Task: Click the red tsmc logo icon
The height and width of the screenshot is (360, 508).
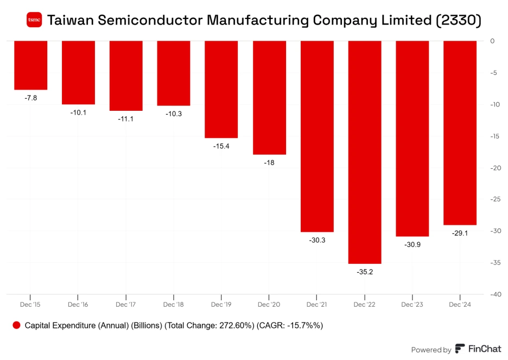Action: coord(34,21)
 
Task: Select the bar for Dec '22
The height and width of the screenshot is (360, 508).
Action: coord(365,152)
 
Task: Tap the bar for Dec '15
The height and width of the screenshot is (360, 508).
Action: coord(30,65)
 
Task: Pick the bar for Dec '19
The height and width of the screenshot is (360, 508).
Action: coord(221,90)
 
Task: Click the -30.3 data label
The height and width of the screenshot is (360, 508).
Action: coord(317,240)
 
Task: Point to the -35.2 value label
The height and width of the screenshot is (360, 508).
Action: coord(365,271)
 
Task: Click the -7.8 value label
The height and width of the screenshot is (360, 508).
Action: coord(31,98)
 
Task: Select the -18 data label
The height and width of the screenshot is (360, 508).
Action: coord(269,162)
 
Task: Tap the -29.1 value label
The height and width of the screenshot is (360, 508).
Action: coord(460,233)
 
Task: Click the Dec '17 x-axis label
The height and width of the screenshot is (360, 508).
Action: coord(125,305)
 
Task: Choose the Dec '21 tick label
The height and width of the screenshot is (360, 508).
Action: coord(317,305)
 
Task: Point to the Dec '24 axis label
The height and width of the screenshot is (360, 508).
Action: coord(460,305)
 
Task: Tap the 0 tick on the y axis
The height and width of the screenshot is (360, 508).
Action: coord(492,41)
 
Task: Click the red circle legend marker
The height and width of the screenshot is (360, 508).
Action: coord(16,325)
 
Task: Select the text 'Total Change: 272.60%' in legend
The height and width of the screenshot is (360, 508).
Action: coord(200,325)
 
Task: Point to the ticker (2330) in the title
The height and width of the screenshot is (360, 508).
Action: coord(459,21)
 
